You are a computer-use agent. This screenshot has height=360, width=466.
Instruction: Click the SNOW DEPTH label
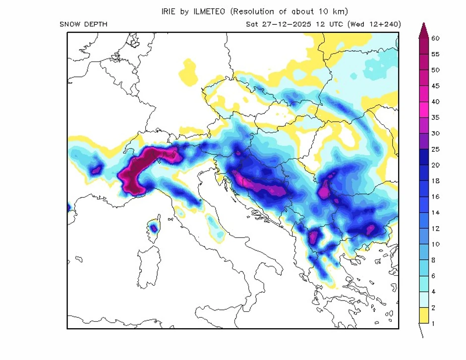(x=83, y=24)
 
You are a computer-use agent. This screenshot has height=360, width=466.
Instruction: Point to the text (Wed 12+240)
(x=374, y=24)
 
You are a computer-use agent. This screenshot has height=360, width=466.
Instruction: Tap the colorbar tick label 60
(x=436, y=38)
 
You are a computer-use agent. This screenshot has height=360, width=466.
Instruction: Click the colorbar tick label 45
(x=436, y=86)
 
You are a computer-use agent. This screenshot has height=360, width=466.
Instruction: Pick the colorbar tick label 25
(x=436, y=149)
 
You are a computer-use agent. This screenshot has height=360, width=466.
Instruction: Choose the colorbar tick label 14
(x=436, y=213)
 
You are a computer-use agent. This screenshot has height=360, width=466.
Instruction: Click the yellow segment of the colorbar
(x=423, y=315)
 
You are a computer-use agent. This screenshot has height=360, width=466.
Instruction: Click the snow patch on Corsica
(x=154, y=228)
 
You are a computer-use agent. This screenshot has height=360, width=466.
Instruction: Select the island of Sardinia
(x=149, y=268)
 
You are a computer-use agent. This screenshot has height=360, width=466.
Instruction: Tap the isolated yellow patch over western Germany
(x=188, y=72)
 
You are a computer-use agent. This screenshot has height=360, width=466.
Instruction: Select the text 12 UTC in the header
(x=331, y=24)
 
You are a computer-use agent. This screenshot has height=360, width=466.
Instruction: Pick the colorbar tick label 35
(x=436, y=118)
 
